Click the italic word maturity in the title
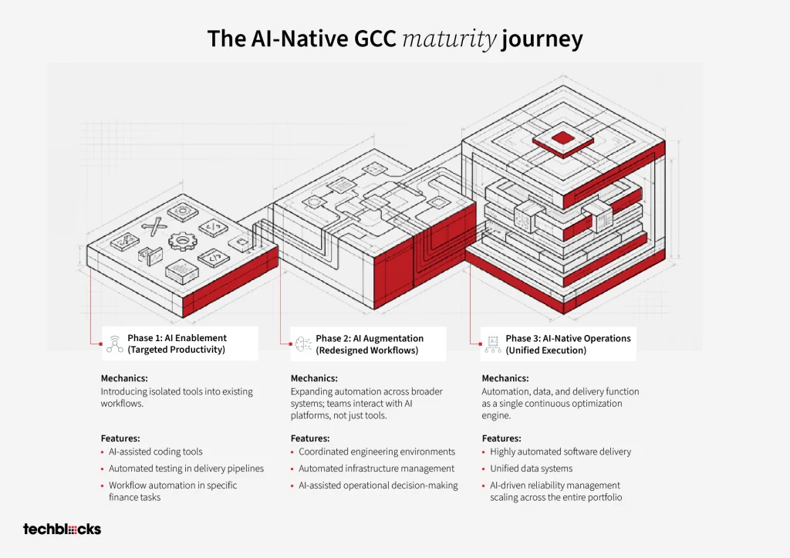450,39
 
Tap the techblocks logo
62,529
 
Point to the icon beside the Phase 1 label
115,343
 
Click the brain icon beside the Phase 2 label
302,344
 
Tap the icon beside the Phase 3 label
493,344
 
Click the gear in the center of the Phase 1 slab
181,241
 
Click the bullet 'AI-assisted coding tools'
156,451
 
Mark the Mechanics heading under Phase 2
314,378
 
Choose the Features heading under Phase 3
501,438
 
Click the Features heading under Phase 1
120,438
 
